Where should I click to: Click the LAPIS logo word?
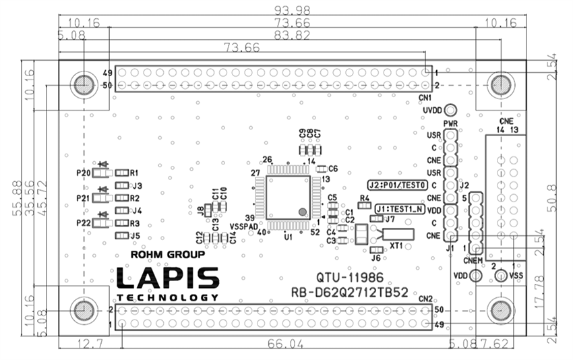coord(168,278)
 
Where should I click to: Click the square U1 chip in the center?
coord(288,197)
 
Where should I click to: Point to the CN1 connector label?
coord(425,98)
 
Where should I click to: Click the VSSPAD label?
coord(243,227)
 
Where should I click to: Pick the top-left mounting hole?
coord(84,85)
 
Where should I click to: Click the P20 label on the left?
coord(83,173)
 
